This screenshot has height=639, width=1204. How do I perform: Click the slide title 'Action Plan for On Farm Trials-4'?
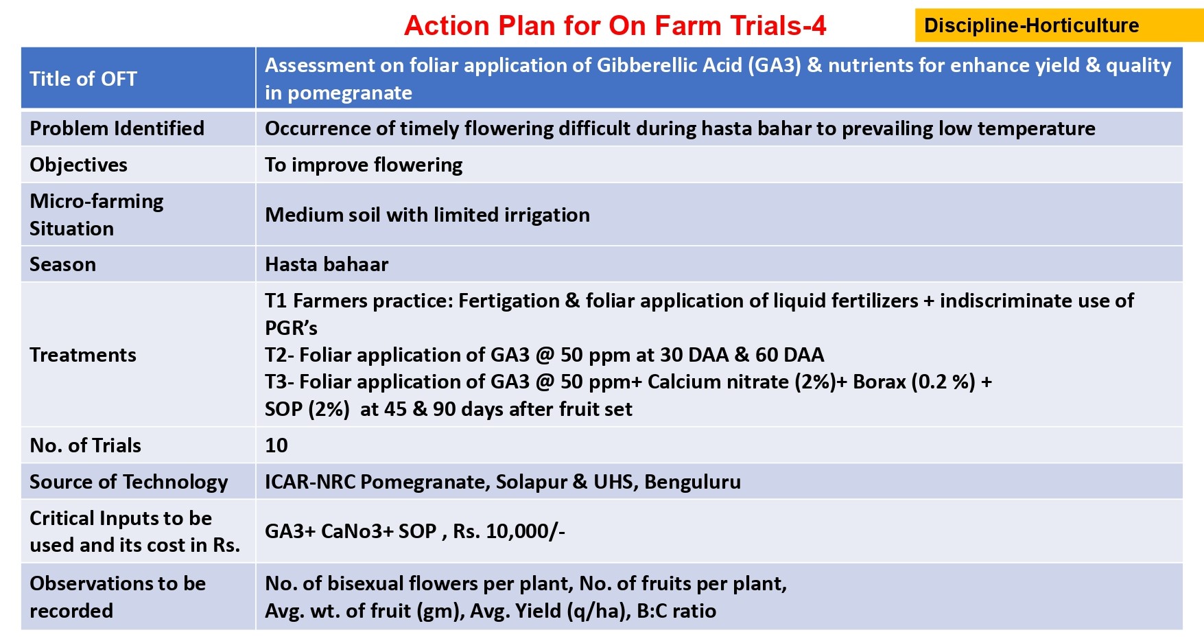tap(615, 26)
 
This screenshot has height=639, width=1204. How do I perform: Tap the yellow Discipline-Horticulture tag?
tap(1059, 25)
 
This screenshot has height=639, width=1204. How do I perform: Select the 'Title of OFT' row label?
tap(83, 79)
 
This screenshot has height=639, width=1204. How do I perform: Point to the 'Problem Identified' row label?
tap(117, 128)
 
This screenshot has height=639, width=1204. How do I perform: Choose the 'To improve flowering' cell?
tap(364, 165)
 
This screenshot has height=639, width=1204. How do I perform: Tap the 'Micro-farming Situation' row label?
tap(96, 214)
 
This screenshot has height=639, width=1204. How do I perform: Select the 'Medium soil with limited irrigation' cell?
tap(427, 215)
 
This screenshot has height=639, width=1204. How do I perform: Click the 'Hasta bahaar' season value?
tap(327, 264)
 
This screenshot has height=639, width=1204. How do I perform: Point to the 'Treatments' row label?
tap(82, 355)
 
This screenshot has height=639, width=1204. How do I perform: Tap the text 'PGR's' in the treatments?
tap(291, 328)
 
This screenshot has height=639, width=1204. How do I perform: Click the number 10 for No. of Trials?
tap(276, 445)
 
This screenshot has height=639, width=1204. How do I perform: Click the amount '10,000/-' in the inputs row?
tap(526, 531)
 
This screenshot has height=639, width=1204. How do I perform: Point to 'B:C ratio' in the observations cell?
tap(676, 611)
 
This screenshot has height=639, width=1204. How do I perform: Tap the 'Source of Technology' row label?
tap(128, 482)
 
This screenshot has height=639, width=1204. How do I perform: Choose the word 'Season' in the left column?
tap(62, 264)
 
